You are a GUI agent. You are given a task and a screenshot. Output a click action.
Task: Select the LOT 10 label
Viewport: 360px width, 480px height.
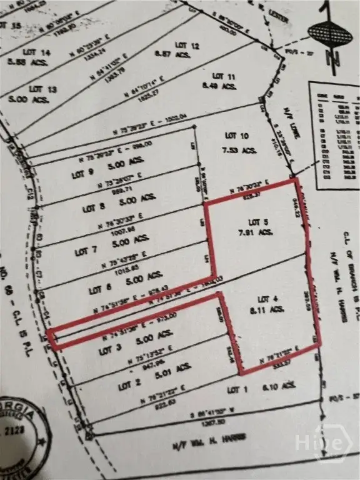236,136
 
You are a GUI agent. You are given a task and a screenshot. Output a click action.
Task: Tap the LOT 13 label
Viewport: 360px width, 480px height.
42,89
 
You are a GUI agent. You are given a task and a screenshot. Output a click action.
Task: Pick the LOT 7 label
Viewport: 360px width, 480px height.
86,251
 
